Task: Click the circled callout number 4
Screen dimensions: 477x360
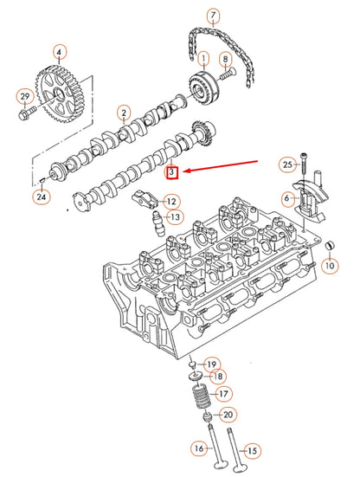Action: click(59, 52)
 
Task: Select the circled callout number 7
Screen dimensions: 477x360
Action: click(213, 16)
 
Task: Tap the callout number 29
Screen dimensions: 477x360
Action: click(24, 95)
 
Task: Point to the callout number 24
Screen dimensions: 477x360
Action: click(42, 198)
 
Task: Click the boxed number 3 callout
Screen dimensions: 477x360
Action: click(172, 173)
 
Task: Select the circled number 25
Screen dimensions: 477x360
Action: click(286, 164)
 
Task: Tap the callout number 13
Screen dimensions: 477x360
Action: click(174, 216)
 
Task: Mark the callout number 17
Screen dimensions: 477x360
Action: click(223, 394)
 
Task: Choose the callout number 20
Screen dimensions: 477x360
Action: click(228, 416)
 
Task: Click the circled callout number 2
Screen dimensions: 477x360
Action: click(125, 112)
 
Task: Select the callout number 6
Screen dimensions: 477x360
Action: click(286, 198)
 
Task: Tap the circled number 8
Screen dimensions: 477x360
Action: click(228, 60)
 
